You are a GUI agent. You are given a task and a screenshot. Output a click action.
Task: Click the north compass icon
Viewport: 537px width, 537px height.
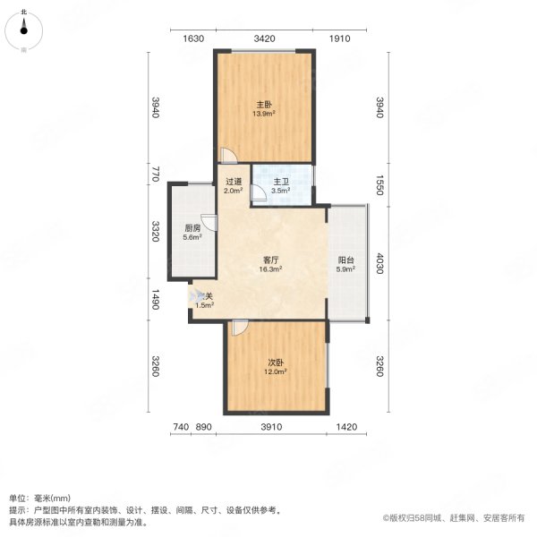pos(24,30)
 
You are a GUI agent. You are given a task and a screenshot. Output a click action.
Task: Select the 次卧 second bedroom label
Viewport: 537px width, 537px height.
pos(276,363)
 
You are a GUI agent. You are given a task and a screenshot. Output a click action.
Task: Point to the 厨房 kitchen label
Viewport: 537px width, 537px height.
pos(192,228)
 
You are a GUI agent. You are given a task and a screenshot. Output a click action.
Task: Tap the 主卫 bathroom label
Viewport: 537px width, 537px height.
pos(280,182)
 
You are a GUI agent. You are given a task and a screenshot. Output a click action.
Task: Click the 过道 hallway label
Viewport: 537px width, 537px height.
pos(232,182)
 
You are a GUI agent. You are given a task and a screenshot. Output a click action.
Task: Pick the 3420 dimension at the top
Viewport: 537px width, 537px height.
pos(264,38)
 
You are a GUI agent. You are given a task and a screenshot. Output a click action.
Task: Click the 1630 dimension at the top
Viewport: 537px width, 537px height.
pos(193,38)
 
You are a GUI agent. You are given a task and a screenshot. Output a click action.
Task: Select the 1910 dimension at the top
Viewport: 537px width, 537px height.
pos(339,38)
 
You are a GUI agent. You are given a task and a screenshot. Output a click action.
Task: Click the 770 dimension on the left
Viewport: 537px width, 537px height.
pos(155,173)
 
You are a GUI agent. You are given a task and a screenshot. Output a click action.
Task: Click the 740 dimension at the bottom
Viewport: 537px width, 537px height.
pos(181,428)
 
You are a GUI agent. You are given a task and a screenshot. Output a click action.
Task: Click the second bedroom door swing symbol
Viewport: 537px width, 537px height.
pos(237,328)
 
